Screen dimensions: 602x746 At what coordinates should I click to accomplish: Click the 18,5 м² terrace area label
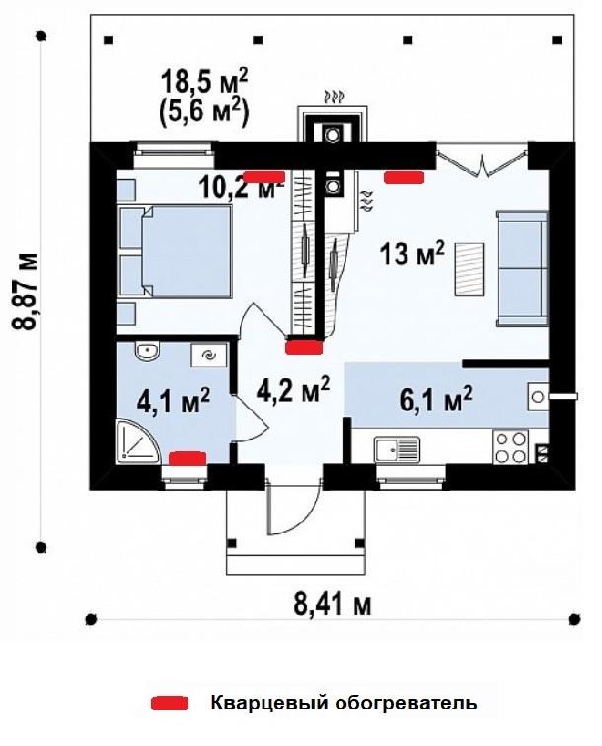(204, 82)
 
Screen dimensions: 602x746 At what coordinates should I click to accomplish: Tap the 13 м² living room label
(413, 254)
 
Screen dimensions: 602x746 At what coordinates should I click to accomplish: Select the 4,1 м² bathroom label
(174, 402)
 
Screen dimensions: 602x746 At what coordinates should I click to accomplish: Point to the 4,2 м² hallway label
(293, 389)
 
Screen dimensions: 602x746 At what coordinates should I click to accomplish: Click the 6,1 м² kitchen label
(436, 399)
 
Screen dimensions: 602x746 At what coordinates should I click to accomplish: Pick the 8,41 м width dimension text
(333, 604)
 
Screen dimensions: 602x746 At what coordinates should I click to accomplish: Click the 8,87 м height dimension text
(24, 291)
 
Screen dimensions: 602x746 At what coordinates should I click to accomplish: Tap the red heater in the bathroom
(188, 458)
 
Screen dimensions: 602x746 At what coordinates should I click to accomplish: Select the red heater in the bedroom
(264, 177)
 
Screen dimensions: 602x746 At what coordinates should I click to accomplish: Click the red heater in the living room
(404, 177)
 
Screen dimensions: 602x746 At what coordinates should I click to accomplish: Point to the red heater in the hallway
(304, 347)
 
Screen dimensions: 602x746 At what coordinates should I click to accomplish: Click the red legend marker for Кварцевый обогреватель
(170, 704)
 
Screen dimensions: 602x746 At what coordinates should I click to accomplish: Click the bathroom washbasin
(147, 351)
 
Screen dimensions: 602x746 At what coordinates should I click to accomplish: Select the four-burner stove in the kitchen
(510, 447)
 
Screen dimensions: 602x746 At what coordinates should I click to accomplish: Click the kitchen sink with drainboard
(398, 450)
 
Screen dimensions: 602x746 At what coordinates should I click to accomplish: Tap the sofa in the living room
(522, 268)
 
